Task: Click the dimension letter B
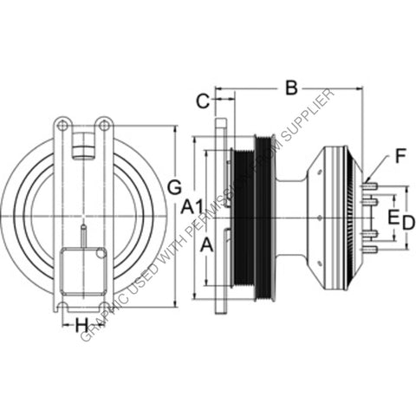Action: (x=291, y=87)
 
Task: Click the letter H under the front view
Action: (x=81, y=325)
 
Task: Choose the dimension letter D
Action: (x=408, y=223)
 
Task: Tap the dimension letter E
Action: (x=393, y=216)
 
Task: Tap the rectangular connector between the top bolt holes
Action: (x=82, y=146)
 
